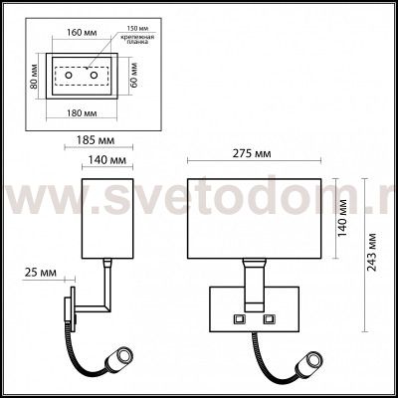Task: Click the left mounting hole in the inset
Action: [x=69, y=76]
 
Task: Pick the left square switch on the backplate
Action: [x=238, y=317]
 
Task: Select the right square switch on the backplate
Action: [x=270, y=317]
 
